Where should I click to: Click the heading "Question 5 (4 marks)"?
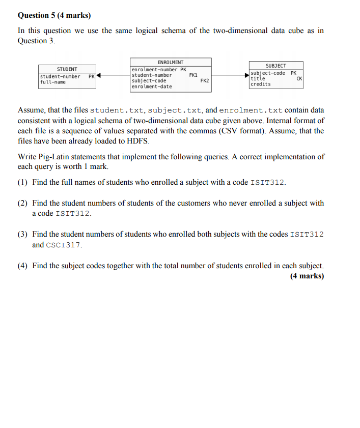51,15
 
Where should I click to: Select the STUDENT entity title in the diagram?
67,69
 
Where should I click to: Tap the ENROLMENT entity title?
171,62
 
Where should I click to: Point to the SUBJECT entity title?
276,66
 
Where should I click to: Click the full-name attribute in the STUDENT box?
53,82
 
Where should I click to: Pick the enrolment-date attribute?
152,87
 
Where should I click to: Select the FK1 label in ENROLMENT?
193,75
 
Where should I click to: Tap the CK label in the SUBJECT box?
299,78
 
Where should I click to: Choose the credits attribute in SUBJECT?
261,84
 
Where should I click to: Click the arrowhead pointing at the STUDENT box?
99,76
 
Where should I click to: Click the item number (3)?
22,234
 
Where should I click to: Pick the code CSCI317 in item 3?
64,245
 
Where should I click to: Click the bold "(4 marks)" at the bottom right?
307,276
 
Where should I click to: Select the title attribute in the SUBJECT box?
258,78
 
